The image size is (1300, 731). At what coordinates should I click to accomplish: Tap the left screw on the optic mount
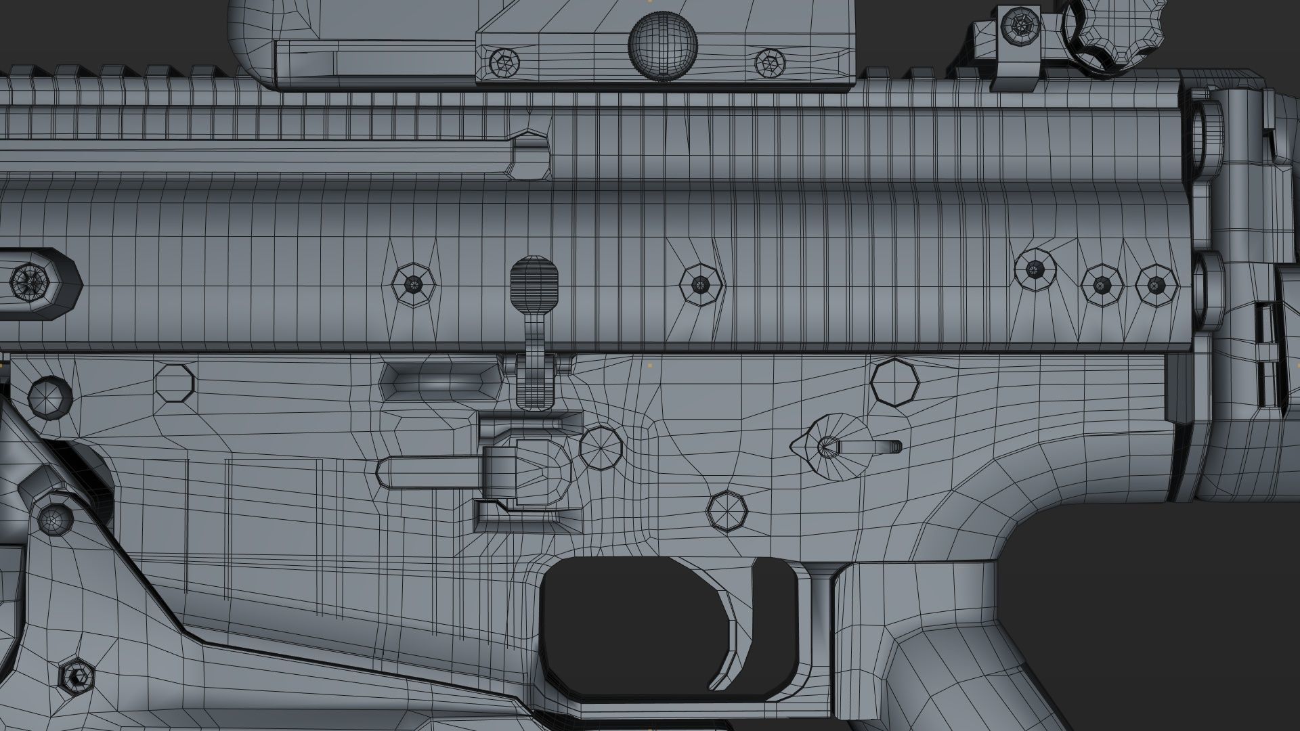[504, 62]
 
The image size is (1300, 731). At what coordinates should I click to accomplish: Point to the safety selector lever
[846, 447]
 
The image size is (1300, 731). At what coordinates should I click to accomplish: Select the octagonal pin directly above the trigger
[727, 512]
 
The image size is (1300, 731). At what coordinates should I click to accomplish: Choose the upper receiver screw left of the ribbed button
[414, 284]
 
